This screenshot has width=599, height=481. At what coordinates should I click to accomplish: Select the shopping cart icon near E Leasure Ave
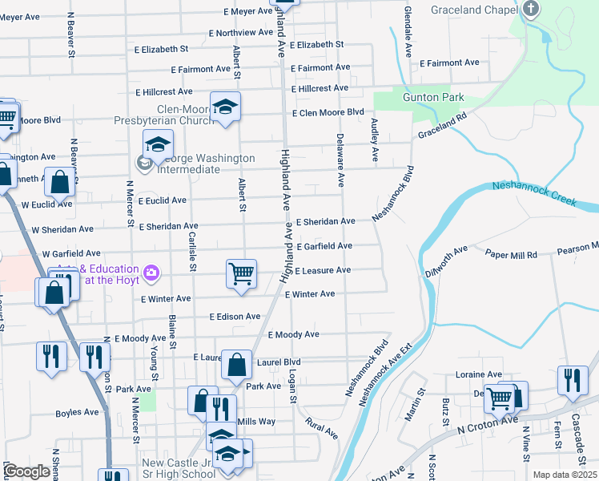click(x=241, y=273)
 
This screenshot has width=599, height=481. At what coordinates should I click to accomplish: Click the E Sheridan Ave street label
click(x=325, y=221)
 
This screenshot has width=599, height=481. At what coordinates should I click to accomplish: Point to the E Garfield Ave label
click(x=324, y=246)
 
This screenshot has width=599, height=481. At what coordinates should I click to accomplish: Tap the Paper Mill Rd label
click(x=511, y=253)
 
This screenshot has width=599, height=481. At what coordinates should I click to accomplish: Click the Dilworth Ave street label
click(x=449, y=261)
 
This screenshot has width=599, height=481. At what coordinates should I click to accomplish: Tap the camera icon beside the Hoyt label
click(x=151, y=274)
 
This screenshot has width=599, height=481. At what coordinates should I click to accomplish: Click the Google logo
click(x=26, y=471)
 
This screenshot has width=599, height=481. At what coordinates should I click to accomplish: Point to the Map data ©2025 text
click(x=564, y=475)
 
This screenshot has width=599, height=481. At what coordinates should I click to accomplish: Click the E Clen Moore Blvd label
click(x=328, y=112)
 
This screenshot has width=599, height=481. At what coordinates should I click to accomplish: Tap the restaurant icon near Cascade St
click(x=571, y=378)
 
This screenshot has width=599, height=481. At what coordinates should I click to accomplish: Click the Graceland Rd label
click(x=440, y=126)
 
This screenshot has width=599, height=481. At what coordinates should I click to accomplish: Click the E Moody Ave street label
click(x=293, y=334)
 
